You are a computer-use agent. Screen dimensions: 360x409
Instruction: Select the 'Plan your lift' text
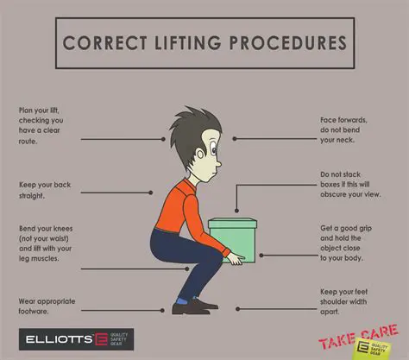click(47, 125)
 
